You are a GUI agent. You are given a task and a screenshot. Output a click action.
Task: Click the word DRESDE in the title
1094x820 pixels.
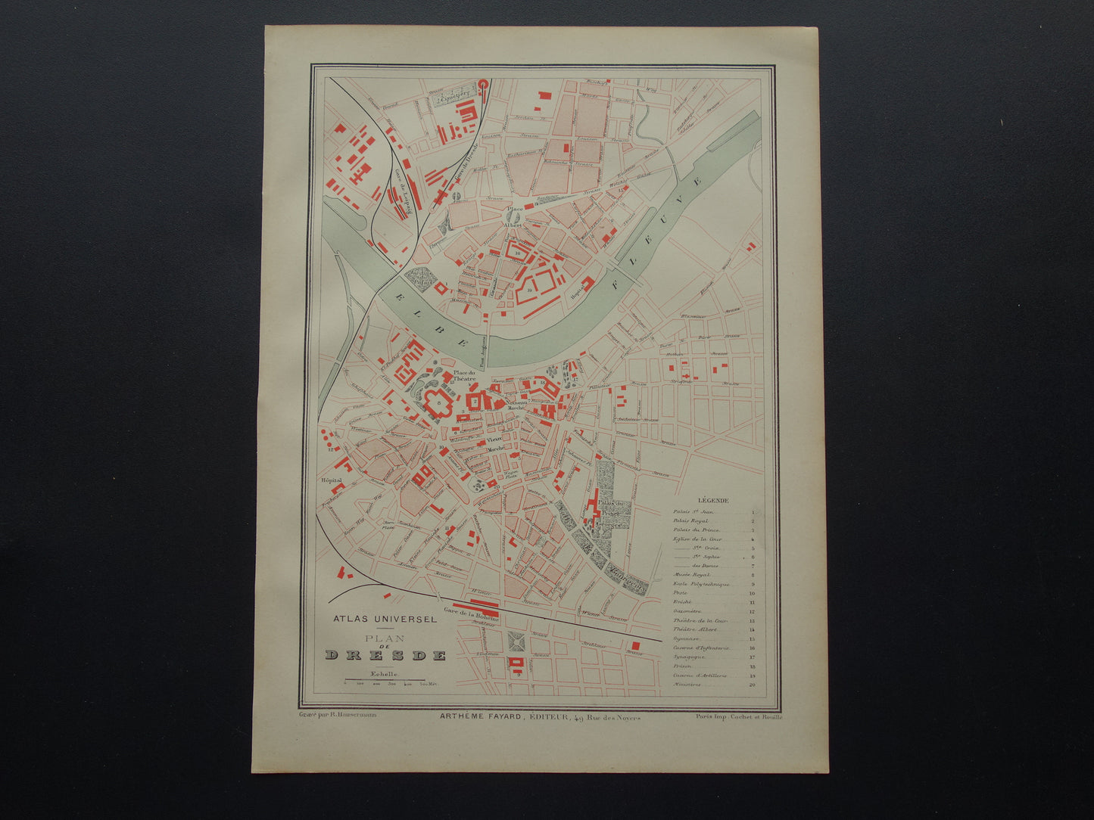point(386,655)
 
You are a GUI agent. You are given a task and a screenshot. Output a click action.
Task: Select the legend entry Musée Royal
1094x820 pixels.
point(691,575)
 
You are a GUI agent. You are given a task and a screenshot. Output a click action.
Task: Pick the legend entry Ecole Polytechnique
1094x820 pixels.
point(701,584)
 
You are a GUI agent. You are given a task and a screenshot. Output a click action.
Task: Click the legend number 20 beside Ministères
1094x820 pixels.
point(752,685)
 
